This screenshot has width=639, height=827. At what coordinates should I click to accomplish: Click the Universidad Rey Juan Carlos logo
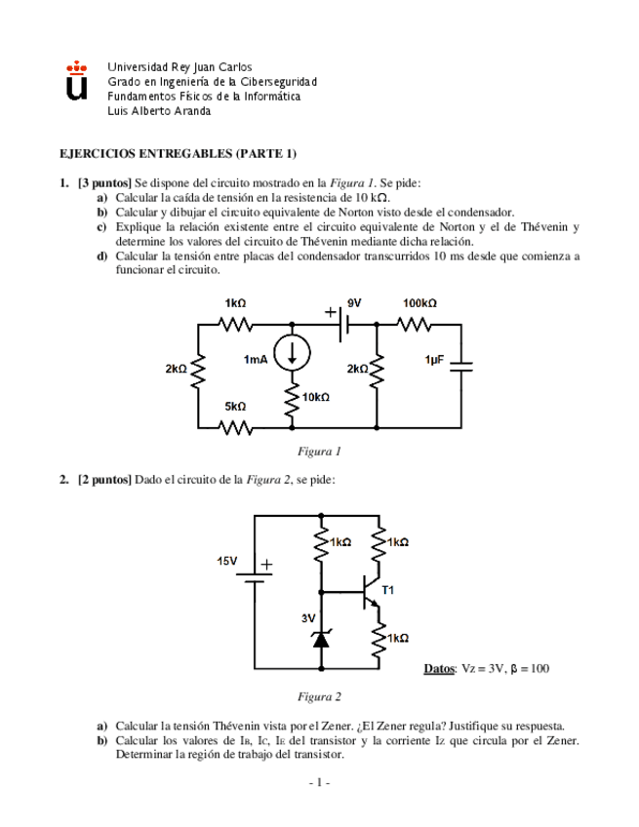(x=76, y=81)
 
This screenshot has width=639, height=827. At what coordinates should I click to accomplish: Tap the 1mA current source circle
(x=292, y=356)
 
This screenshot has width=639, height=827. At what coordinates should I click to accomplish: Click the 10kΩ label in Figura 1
(x=316, y=397)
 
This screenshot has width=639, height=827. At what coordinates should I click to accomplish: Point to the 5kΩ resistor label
(x=235, y=406)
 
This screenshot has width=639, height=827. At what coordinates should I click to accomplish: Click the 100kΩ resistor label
(x=419, y=303)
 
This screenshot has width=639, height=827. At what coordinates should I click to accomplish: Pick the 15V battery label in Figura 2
(x=226, y=562)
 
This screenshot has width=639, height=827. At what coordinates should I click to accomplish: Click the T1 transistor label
(x=387, y=590)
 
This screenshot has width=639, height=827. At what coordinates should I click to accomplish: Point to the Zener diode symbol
(x=320, y=639)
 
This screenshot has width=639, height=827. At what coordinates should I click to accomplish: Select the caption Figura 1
(x=319, y=452)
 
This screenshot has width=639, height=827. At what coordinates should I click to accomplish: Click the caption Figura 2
(x=319, y=696)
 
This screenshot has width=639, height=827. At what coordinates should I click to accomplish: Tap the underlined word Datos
(x=439, y=668)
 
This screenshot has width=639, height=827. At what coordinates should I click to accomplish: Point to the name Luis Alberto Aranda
(x=159, y=110)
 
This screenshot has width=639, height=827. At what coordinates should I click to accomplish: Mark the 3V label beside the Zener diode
(x=307, y=618)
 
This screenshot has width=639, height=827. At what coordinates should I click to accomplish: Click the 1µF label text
(x=435, y=360)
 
